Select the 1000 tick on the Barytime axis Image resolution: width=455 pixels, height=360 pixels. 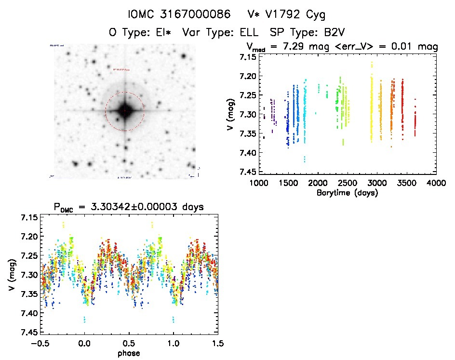tap(259, 183)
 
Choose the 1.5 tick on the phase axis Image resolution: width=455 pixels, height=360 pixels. tap(218, 344)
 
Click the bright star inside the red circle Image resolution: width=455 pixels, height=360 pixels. tap(125, 111)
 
